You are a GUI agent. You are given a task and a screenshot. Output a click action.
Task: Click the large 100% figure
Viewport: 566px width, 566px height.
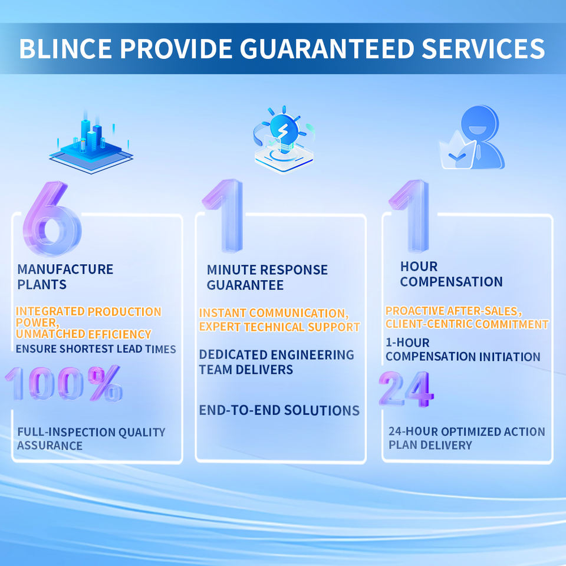(x=65, y=383)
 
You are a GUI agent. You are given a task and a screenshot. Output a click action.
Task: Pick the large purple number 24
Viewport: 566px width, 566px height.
(x=406, y=389)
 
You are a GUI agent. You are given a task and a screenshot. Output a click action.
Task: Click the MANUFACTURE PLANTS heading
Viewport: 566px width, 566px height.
(x=65, y=277)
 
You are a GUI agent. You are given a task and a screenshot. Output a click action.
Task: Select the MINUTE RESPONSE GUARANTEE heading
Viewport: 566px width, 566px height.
(x=266, y=277)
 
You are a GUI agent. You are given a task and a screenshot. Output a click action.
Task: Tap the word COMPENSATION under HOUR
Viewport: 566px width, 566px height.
(x=451, y=282)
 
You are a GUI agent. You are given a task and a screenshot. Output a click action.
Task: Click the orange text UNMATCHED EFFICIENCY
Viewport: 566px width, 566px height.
(x=84, y=334)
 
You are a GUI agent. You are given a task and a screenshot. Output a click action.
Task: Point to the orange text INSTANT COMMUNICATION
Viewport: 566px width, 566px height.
(x=272, y=313)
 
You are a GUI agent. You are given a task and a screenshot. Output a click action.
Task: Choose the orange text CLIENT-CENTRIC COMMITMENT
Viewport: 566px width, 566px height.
(x=466, y=324)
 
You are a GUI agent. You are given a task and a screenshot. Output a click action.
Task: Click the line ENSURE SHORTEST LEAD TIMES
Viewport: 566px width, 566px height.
(x=96, y=349)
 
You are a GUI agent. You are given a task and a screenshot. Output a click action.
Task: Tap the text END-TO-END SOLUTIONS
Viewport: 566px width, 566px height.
(x=279, y=410)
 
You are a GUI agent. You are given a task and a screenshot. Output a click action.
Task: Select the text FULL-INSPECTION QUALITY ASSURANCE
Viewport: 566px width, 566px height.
(x=91, y=439)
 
